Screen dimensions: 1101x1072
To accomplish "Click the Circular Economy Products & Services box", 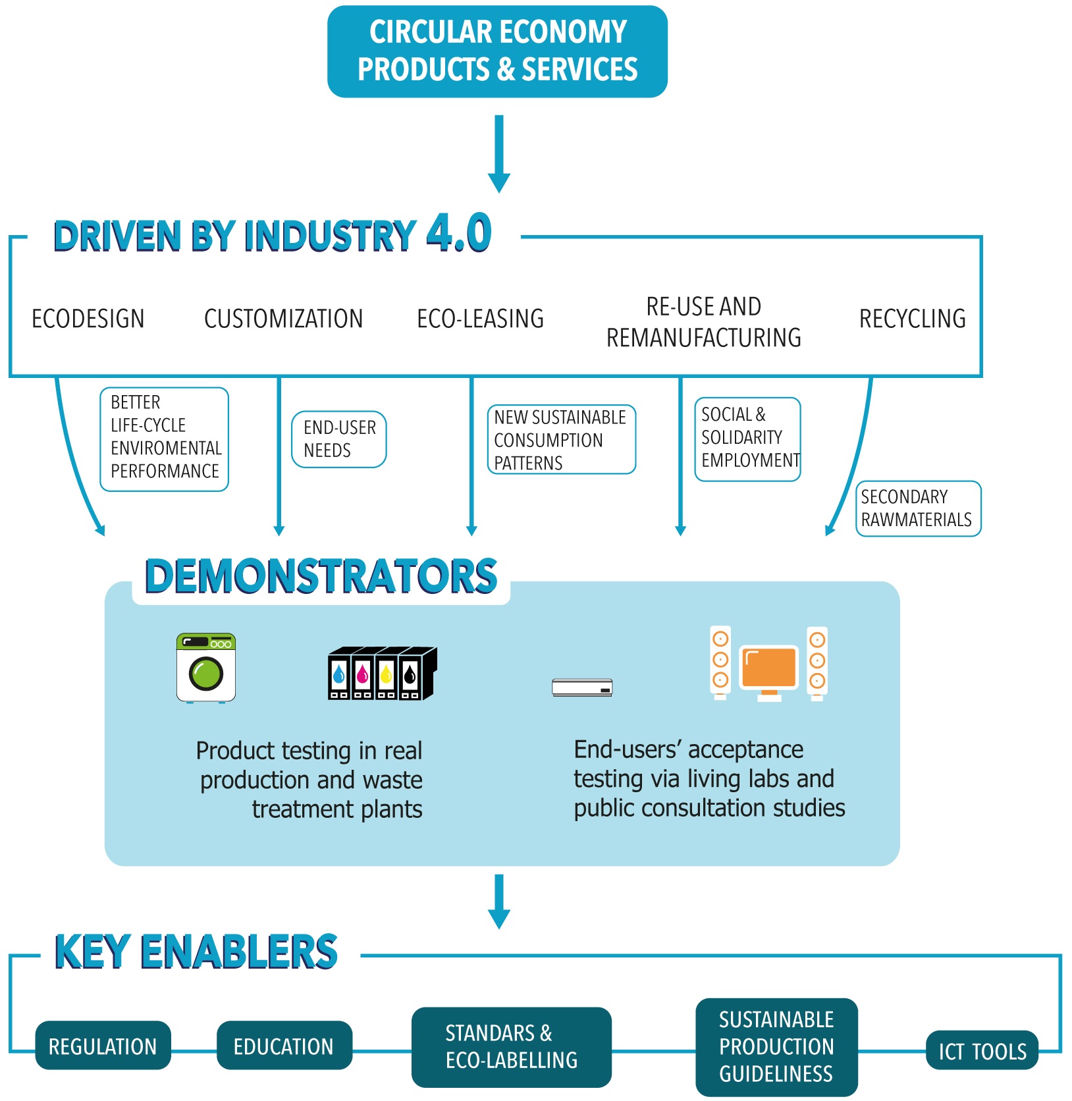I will click(497, 51).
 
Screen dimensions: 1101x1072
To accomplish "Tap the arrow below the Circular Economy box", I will click(499, 155).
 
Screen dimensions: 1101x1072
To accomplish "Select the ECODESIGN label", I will click(88, 319).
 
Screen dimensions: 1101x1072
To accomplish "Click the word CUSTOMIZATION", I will click(283, 319).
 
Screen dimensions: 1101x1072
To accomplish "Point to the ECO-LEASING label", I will click(480, 319).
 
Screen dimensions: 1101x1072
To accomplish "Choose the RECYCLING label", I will click(912, 319).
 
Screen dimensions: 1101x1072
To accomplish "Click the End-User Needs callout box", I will click(339, 439).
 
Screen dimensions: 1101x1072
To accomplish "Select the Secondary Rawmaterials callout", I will click(918, 508).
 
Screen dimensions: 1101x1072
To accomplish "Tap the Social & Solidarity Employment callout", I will click(747, 439).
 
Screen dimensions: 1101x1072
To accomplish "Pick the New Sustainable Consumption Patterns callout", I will click(561, 439).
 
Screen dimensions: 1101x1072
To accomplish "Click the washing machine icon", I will click(206, 668).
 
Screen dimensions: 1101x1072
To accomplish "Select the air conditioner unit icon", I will click(582, 687).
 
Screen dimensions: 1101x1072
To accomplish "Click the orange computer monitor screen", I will click(768, 667).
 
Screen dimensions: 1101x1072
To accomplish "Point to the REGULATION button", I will click(103, 1046).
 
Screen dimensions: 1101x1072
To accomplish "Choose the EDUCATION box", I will click(284, 1046).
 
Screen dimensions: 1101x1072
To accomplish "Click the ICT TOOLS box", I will click(982, 1052).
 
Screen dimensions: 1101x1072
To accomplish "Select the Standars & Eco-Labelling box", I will click(511, 1046).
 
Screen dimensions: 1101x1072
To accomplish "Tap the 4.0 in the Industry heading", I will click(459, 234).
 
